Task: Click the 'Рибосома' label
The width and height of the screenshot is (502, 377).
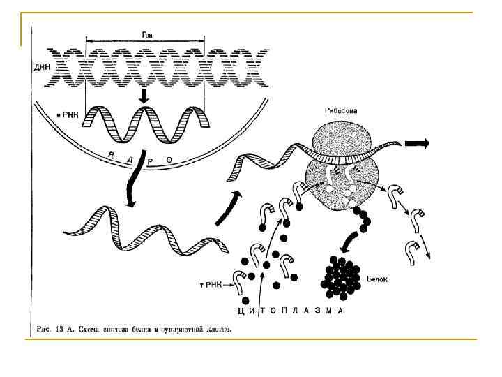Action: click(341, 110)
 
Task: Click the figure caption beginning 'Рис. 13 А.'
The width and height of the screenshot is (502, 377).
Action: click(133, 328)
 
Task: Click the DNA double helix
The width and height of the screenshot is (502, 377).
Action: click(157, 68)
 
